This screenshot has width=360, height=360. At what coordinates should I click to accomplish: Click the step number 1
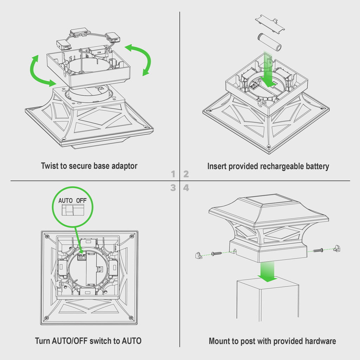[x=173, y=174]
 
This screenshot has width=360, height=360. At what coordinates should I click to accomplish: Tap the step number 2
[x=186, y=174]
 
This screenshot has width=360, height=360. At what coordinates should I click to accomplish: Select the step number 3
[x=173, y=188]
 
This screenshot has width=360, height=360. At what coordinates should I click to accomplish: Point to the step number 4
[x=186, y=188]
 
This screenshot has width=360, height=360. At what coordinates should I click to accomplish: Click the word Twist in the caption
[x=50, y=166]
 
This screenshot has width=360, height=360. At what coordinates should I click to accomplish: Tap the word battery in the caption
[x=317, y=166]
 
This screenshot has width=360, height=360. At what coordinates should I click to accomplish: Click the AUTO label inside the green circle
[x=65, y=200]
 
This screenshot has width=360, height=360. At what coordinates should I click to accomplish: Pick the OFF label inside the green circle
[x=81, y=200]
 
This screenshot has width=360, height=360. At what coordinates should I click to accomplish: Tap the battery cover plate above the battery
[x=270, y=24]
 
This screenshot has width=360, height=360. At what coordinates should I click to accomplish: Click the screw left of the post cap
[x=217, y=254]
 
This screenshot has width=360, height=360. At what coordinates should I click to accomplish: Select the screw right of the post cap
[x=318, y=250]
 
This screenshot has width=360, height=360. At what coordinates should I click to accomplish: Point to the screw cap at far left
[x=199, y=255]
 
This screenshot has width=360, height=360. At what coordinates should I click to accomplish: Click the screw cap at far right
[x=337, y=248]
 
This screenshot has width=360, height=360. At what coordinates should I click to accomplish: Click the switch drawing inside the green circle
[x=73, y=210]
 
